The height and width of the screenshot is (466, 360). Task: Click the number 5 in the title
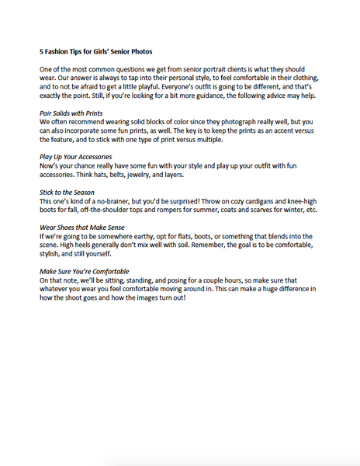click(x=41, y=52)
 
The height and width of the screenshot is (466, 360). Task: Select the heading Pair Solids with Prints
click(x=74, y=113)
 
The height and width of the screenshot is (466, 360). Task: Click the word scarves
click(x=264, y=209)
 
